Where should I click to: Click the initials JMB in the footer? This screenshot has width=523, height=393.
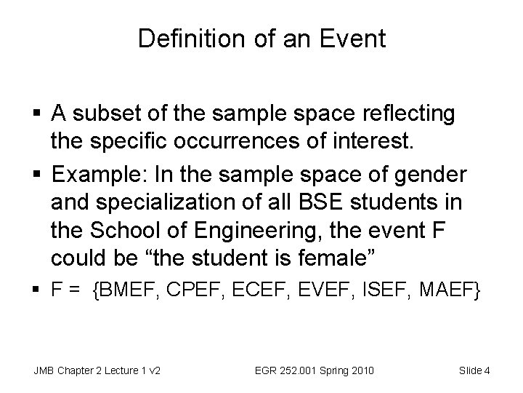(x=44, y=371)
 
